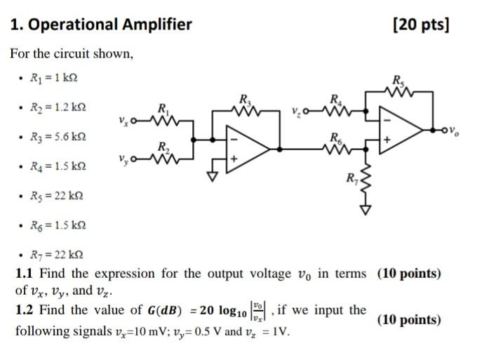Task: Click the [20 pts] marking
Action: [421, 25]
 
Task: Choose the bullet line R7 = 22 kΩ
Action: [55, 253]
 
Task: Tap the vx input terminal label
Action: [125, 125]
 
